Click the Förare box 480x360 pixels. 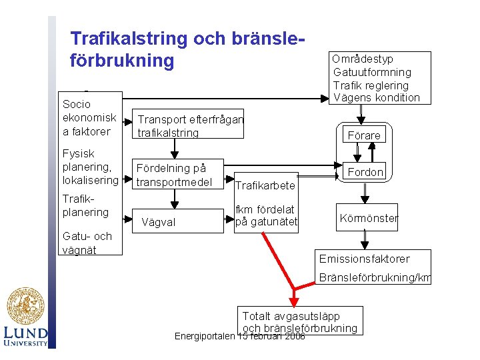364,135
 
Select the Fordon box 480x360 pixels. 366,172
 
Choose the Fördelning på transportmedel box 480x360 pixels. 177,175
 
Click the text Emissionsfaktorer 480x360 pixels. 364,259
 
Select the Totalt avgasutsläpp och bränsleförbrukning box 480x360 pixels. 300,321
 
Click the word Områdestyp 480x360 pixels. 363,59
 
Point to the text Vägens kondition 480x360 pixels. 377,97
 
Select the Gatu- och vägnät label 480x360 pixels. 87,243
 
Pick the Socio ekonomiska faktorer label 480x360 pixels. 89,117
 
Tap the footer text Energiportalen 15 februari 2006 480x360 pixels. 239,336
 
